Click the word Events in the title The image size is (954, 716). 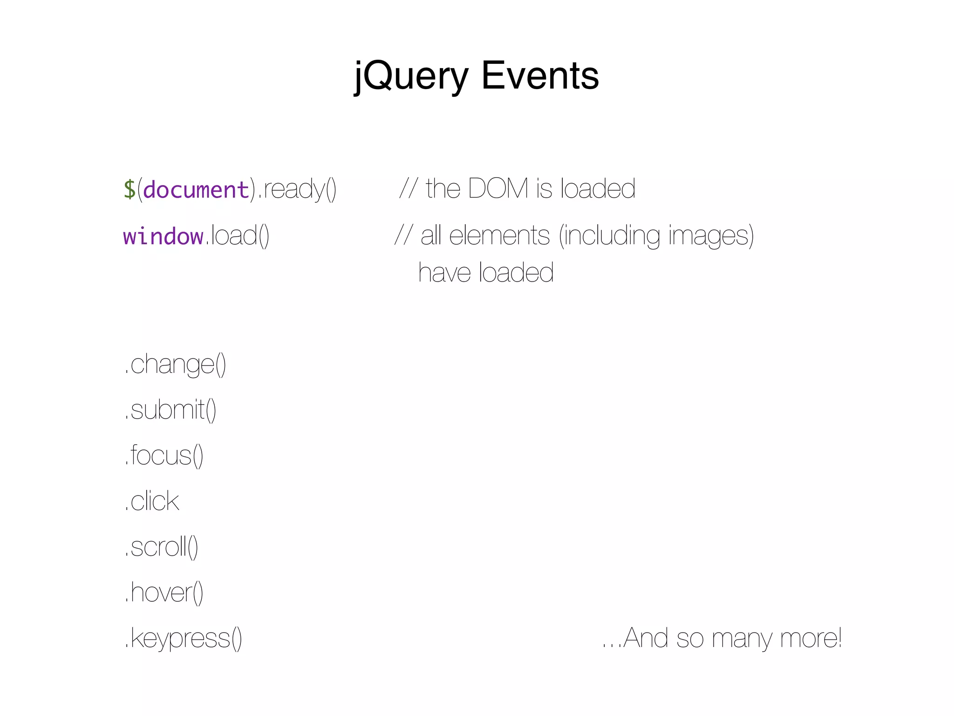coord(540,76)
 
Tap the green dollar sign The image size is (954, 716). coord(129,189)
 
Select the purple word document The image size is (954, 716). coord(196,190)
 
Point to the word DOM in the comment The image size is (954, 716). coord(498,188)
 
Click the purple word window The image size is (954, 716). coord(163,236)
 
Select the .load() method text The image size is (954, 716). coord(238,235)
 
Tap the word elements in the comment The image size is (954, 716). coord(499,235)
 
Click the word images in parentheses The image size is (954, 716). coord(708,235)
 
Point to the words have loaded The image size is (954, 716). coord(486,273)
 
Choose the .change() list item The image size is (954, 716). coord(175,364)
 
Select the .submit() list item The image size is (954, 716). coord(170,410)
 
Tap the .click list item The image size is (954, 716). coord(152,501)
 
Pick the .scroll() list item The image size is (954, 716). coord(161,547)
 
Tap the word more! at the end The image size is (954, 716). coord(811,638)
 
